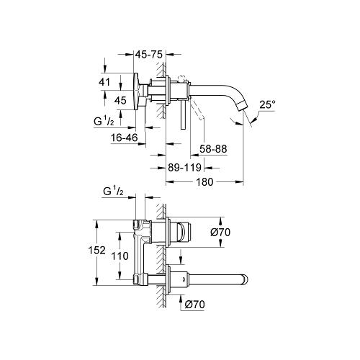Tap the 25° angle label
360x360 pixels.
pyautogui.click(x=267, y=104)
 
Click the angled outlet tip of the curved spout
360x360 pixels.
pyautogui.click(x=247, y=112)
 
